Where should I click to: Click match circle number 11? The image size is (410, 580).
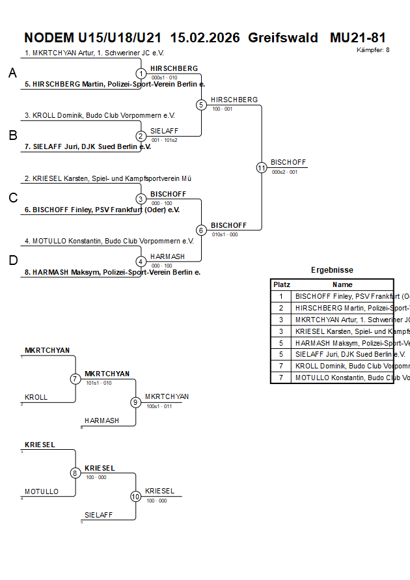pos(262,167)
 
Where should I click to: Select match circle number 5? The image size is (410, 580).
pos(201,104)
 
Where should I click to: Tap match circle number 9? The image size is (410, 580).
pos(135,402)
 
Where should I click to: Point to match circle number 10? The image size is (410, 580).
pos(135,496)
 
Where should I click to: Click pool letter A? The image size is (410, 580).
pos(12,74)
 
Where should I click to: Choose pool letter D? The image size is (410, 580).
pos(12,261)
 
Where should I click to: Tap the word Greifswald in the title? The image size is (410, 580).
pos(283,37)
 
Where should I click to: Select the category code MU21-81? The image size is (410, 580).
pos(357,37)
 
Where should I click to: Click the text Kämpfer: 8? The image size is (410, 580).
pos(373,49)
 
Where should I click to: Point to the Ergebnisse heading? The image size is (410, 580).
pos(332,270)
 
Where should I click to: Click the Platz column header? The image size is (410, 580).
pos(281,284)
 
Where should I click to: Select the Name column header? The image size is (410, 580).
pos(342,284)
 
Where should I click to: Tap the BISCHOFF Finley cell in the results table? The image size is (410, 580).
pos(342,296)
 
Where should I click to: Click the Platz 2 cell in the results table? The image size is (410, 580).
pos(281,308)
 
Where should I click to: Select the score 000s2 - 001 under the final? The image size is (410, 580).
pos(284,173)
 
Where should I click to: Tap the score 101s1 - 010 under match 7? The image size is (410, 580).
pos(98,383)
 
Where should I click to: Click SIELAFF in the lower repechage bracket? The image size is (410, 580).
pos(98,514)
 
